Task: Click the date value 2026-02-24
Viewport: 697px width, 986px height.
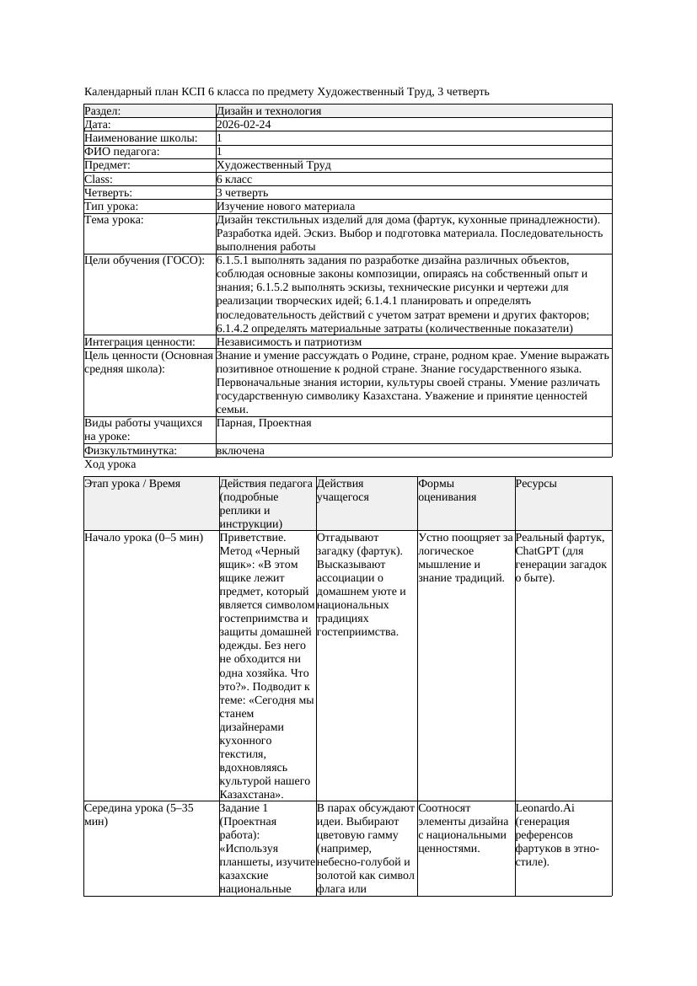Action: pos(244,125)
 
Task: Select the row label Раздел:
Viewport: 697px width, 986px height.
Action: pos(103,111)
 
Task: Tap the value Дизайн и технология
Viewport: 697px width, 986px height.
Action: pos(268,111)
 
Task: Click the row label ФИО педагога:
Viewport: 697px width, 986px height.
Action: pos(122,152)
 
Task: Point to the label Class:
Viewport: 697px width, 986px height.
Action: pos(99,179)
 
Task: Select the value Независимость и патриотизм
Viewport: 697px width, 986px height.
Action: pos(288,342)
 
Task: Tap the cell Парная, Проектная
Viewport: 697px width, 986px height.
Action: pos(264,423)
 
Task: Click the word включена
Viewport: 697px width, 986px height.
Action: pos(240,451)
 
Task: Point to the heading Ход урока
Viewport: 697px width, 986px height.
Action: pos(110,464)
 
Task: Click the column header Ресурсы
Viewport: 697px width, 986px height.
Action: pos(536,484)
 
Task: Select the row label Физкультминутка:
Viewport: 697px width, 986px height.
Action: pos(131,451)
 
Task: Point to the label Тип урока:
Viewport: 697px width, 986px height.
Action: pos(111,206)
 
